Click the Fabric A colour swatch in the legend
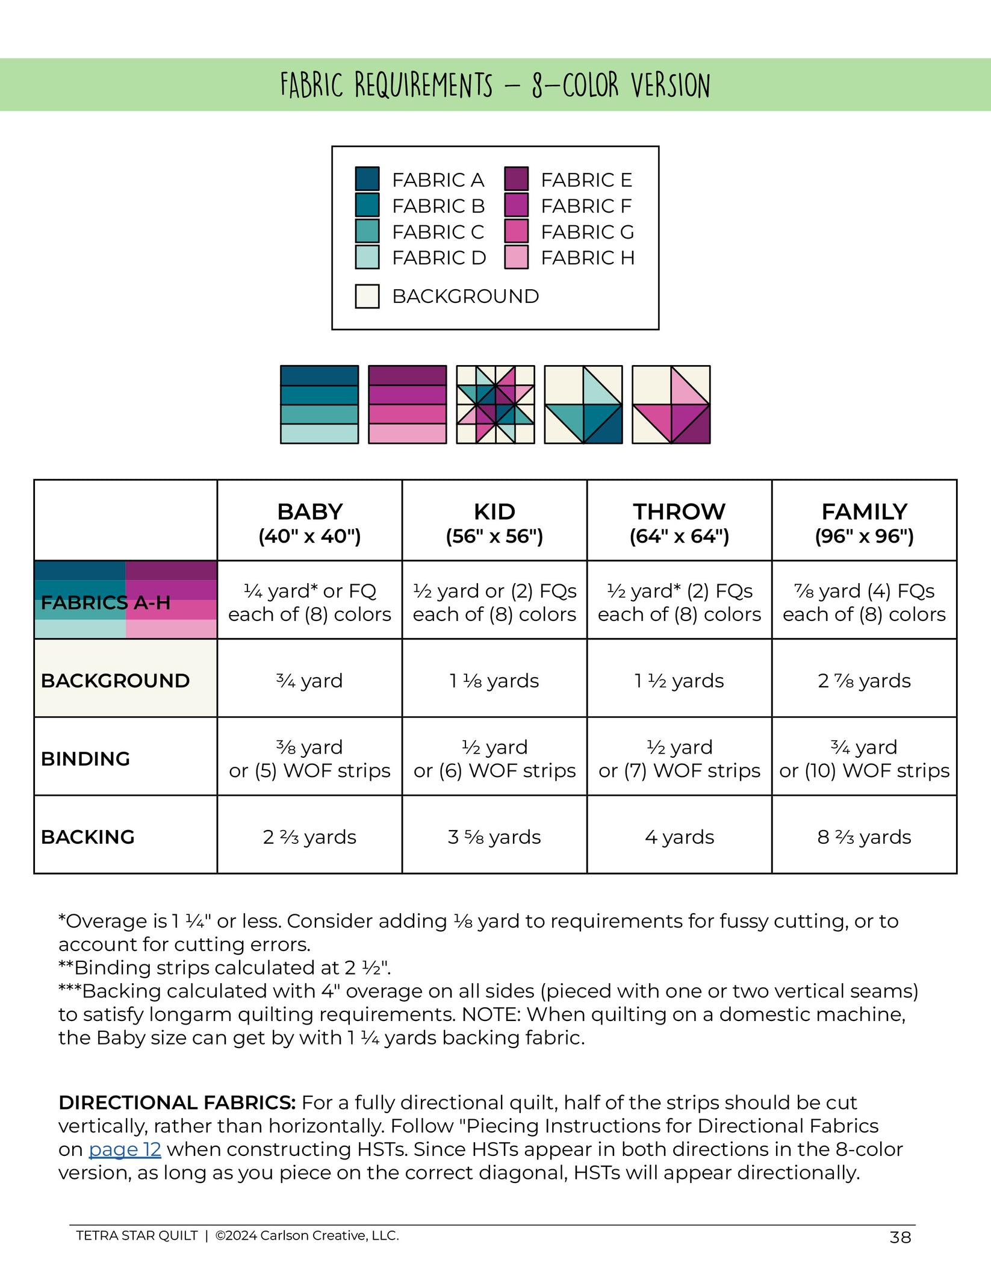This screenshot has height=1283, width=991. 367,179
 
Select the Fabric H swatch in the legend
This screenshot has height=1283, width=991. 516,257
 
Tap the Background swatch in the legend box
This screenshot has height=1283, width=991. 367,296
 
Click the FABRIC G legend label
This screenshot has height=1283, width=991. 587,232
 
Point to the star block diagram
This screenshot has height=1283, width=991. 495,405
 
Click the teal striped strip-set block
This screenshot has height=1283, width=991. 319,405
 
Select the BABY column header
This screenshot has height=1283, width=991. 309,522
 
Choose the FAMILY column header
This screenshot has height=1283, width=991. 864,522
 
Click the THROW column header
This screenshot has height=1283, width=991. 679,522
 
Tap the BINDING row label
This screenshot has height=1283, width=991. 85,758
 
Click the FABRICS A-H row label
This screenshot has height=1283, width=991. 105,602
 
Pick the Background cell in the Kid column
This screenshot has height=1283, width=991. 494,681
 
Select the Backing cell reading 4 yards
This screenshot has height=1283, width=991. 679,837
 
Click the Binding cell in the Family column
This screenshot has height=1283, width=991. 864,758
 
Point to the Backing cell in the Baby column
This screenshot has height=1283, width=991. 309,837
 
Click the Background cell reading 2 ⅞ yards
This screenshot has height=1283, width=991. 864,681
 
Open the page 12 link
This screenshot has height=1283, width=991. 125,1149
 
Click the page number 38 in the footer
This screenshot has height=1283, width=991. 900,1237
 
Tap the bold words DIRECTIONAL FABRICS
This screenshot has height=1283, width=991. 177,1102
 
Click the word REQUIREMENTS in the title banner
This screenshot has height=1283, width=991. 423,85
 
